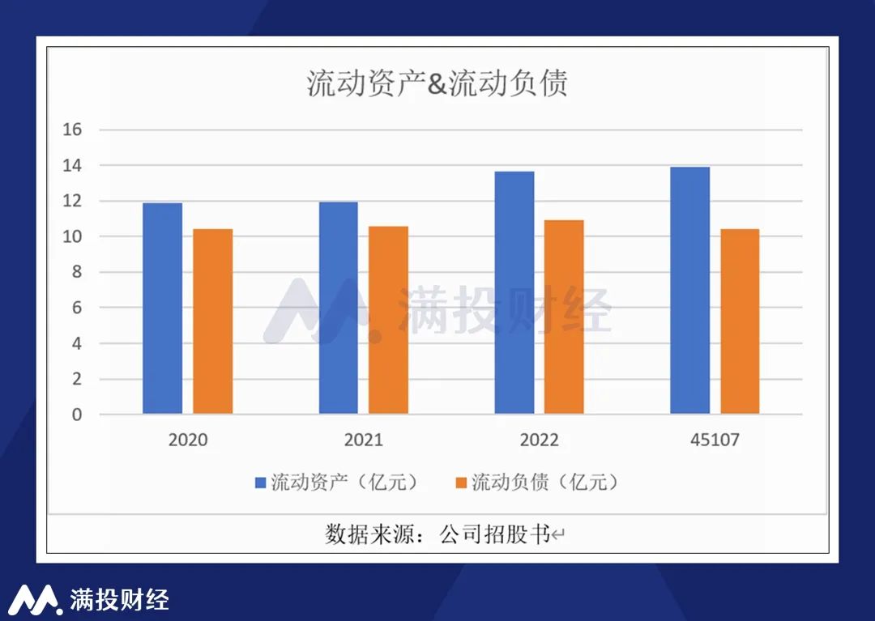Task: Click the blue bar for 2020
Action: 162,308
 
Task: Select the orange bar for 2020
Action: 212,321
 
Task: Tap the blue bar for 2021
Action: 338,308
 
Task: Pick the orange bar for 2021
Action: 388,320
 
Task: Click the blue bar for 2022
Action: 514,292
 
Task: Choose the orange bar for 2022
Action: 564,317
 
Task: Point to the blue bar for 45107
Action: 690,291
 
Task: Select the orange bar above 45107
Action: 740,321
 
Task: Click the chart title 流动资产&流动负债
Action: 437,83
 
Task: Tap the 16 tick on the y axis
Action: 73,130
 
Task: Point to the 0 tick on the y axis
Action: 77,415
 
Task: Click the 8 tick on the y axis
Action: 77,272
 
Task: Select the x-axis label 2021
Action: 363,440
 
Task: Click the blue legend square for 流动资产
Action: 261,483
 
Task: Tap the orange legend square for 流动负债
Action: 461,483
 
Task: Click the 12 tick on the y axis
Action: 73,201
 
